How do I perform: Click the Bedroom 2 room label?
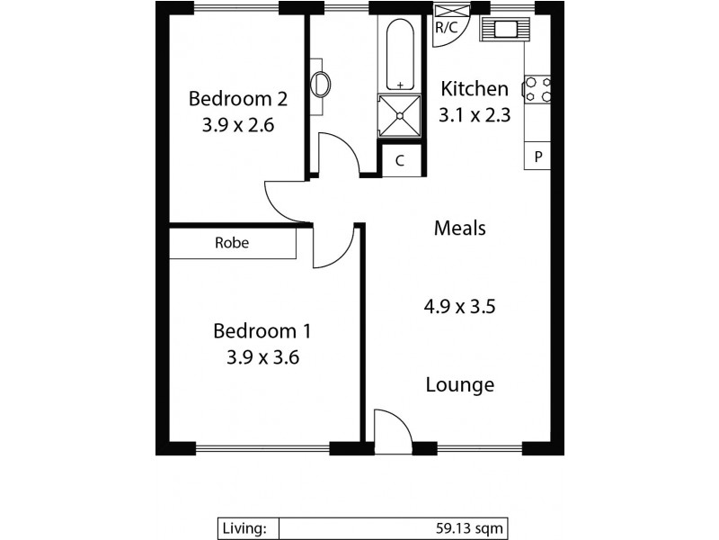point(230,97)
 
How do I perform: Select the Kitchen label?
point(474,88)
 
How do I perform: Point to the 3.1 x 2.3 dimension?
point(474,114)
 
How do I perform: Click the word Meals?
point(459,228)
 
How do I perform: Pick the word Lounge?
point(459,385)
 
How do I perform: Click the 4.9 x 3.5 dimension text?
point(461,307)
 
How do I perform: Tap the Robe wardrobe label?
point(232,243)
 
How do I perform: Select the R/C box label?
point(446,27)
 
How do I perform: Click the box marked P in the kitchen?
point(537,157)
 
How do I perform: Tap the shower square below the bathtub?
point(399,115)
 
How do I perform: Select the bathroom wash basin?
point(320,85)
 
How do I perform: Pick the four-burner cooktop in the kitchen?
point(538,89)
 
